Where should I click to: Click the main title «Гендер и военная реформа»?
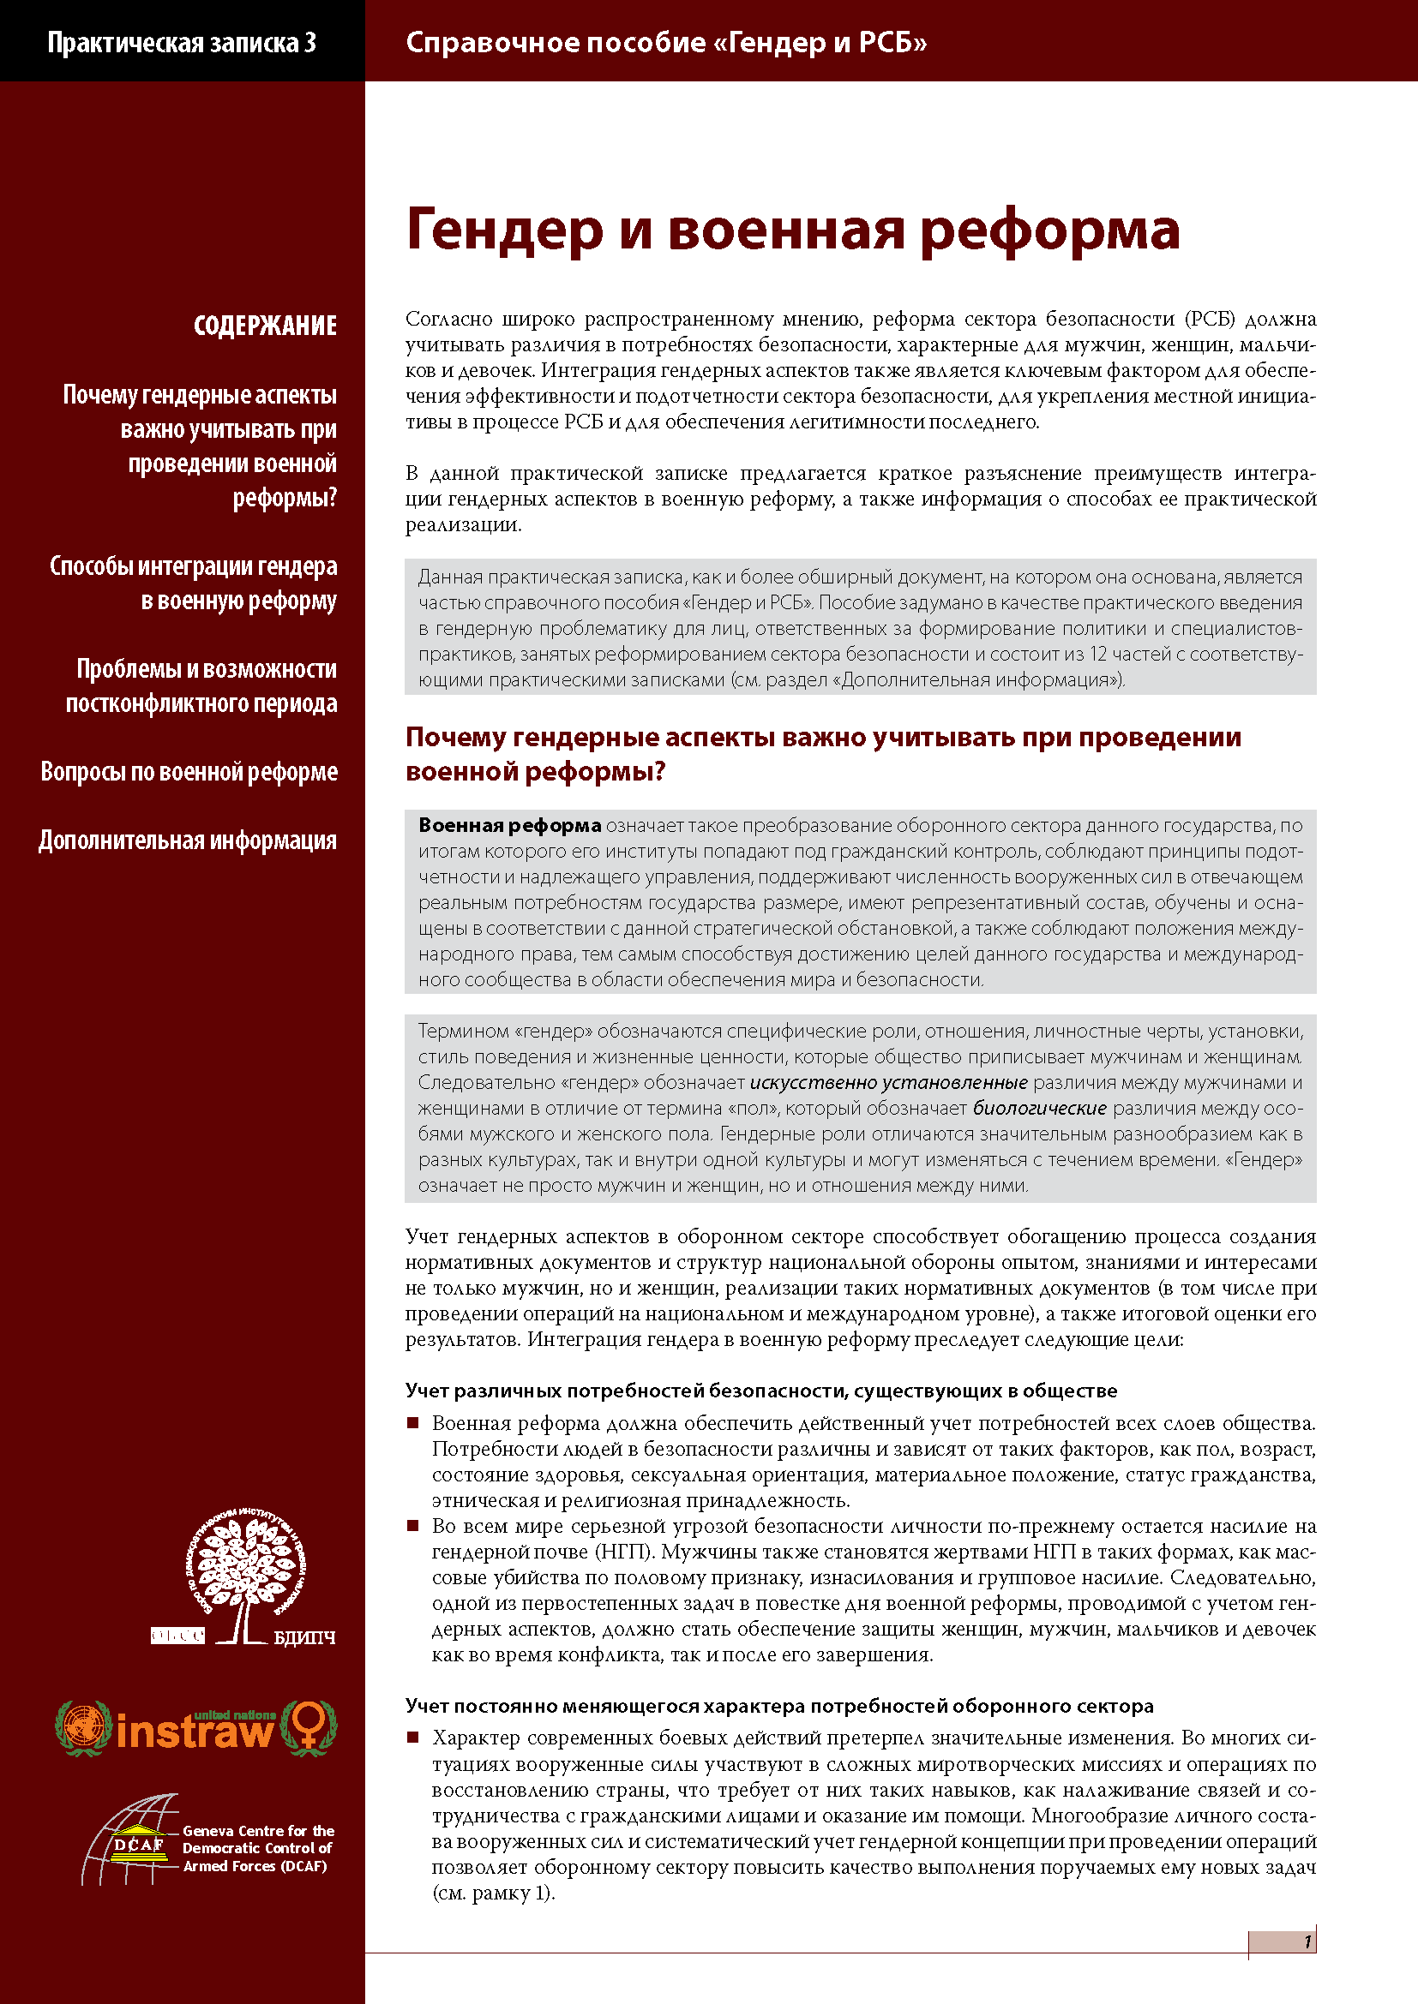coord(792,230)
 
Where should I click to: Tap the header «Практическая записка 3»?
coord(182,42)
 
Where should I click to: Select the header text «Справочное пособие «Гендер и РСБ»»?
coord(665,42)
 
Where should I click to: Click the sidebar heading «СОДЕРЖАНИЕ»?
coord(265,326)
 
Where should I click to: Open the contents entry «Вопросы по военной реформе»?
coord(189,772)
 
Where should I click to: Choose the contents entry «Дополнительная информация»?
coord(187,840)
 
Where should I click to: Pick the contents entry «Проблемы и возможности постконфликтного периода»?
coord(201,685)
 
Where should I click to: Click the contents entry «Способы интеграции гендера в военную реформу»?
coord(194,583)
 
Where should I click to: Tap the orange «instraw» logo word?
coord(194,1730)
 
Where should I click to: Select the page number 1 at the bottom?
coord(1307,1941)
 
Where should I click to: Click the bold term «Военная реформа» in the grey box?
coord(509,826)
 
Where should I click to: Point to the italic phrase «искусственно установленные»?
coord(888,1083)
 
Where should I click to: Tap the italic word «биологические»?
coord(1039,1109)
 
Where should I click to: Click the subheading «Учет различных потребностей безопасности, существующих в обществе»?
coord(760,1391)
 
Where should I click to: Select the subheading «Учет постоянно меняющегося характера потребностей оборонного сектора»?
coord(778,1706)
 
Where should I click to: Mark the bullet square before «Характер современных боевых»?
coord(413,1738)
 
